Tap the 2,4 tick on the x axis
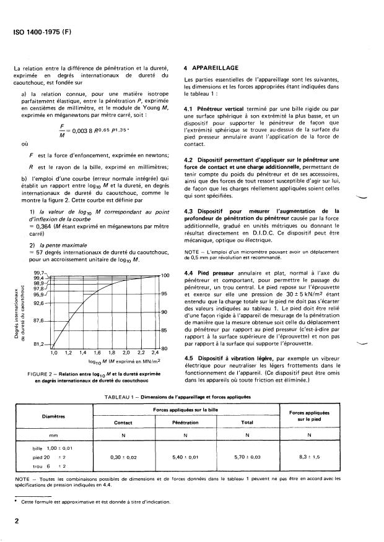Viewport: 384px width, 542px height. pos(154,352)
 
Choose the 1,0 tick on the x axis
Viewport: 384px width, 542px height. pos(53,352)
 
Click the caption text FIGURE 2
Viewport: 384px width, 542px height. pos(43,374)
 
